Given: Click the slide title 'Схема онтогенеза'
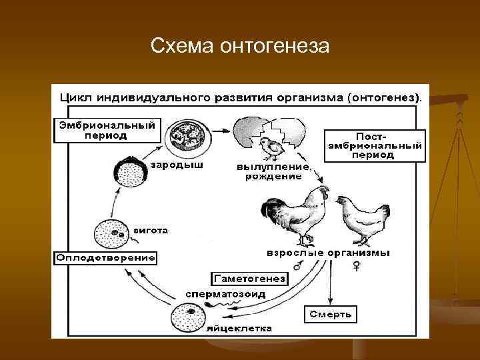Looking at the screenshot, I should [240, 46].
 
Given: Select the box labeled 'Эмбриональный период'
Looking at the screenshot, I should [107, 130].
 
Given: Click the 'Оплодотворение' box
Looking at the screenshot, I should [105, 257].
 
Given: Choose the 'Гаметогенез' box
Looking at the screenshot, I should [249, 279].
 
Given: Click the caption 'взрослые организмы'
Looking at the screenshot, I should [328, 253].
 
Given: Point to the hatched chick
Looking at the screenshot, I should [269, 148].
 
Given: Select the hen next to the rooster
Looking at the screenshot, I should [360, 219].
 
